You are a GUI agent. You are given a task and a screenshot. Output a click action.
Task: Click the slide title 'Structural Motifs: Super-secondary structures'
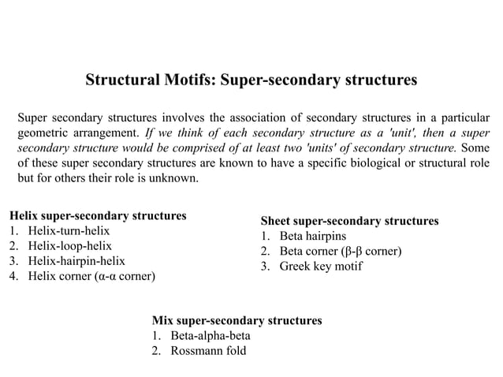tap(251, 80)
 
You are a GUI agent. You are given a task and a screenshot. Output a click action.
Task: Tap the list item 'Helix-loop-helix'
tap(69, 246)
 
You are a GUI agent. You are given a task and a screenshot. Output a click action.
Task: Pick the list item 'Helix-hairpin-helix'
tap(76, 261)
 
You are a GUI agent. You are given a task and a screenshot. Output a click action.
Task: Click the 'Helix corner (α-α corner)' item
tap(91, 276)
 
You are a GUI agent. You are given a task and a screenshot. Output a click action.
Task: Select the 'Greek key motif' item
tap(319, 267)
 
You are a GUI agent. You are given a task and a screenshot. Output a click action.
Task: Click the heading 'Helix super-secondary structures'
tap(97, 215)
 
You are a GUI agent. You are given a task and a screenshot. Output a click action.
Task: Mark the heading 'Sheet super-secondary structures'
tap(349, 220)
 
